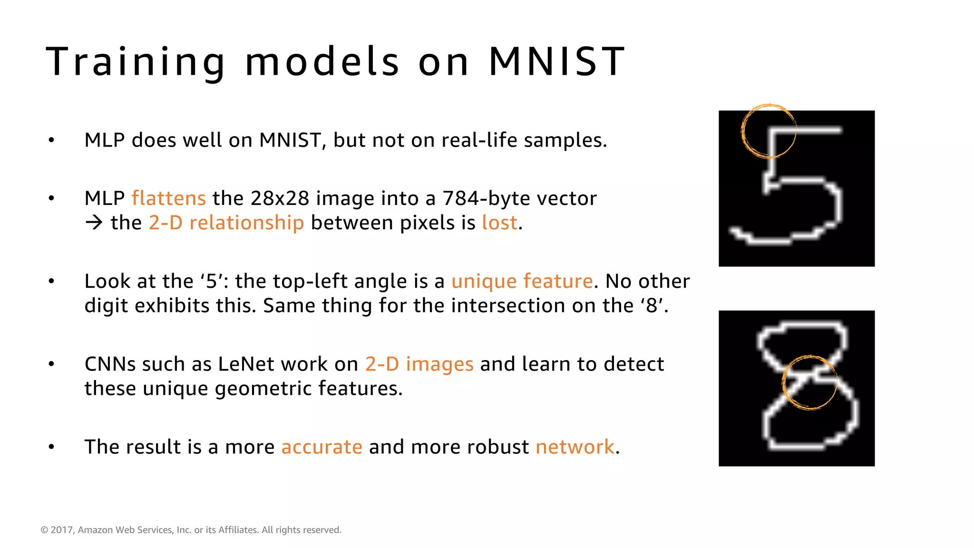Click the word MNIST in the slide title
coord(556,61)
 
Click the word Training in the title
coord(136,62)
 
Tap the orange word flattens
coord(168,198)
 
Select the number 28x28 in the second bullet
coord(280,198)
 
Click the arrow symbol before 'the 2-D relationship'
coord(94,223)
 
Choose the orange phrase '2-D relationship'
coord(226,223)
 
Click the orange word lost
coord(499,223)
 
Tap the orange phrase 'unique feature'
coord(522,281)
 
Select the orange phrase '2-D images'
coord(419,364)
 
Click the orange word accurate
coord(321,447)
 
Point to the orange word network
coord(575,447)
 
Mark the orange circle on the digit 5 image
coord(769,131)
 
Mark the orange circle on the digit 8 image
coord(809,382)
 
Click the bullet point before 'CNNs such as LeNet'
coord(51,364)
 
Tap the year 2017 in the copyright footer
coord(61,530)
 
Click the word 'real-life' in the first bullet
coord(479,140)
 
